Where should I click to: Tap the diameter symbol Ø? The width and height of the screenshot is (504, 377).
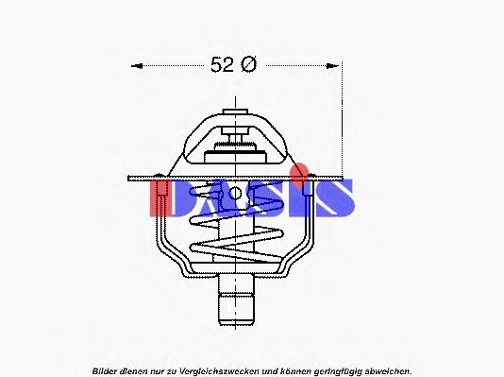pyautogui.click(x=248, y=65)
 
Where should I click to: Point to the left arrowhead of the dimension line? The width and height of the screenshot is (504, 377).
pyautogui.click(x=135, y=66)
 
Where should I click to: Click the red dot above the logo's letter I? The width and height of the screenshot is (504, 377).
pyautogui.click(x=301, y=172)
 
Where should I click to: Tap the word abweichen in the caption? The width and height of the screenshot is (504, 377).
pyautogui.click(x=388, y=370)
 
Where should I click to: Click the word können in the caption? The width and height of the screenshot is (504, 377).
pyautogui.click(x=289, y=370)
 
